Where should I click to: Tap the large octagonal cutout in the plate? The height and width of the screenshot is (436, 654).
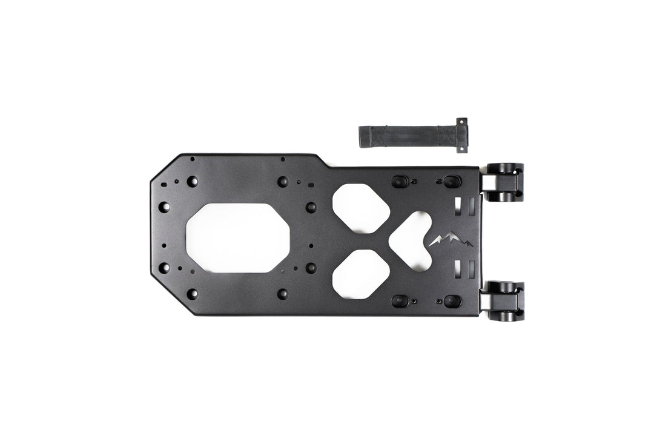tap(237, 237)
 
